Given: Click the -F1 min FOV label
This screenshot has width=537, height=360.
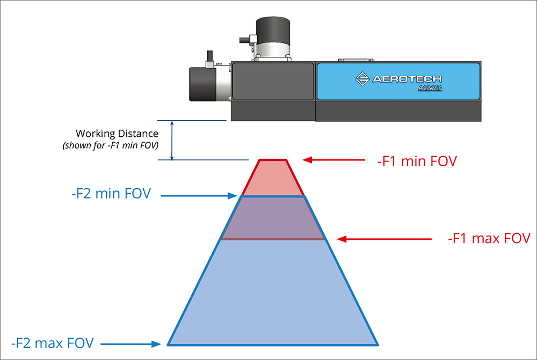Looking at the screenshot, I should coord(417,160).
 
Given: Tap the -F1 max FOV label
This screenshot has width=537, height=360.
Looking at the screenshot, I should coord(489,239).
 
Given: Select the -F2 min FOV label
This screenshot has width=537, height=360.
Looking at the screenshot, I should coord(111,195).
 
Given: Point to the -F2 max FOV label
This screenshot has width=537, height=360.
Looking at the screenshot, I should coord(52,343).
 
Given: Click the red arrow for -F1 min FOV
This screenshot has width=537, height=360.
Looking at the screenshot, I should coord(336,160).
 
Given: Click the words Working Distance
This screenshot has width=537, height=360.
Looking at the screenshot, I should coord(117,134).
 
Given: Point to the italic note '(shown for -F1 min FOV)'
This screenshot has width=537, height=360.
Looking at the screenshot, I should coord(110,145).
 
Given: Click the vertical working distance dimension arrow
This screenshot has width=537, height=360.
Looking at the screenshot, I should coord(172,141).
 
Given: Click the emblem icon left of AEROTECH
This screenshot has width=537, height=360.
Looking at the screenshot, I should coord(362,79).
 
